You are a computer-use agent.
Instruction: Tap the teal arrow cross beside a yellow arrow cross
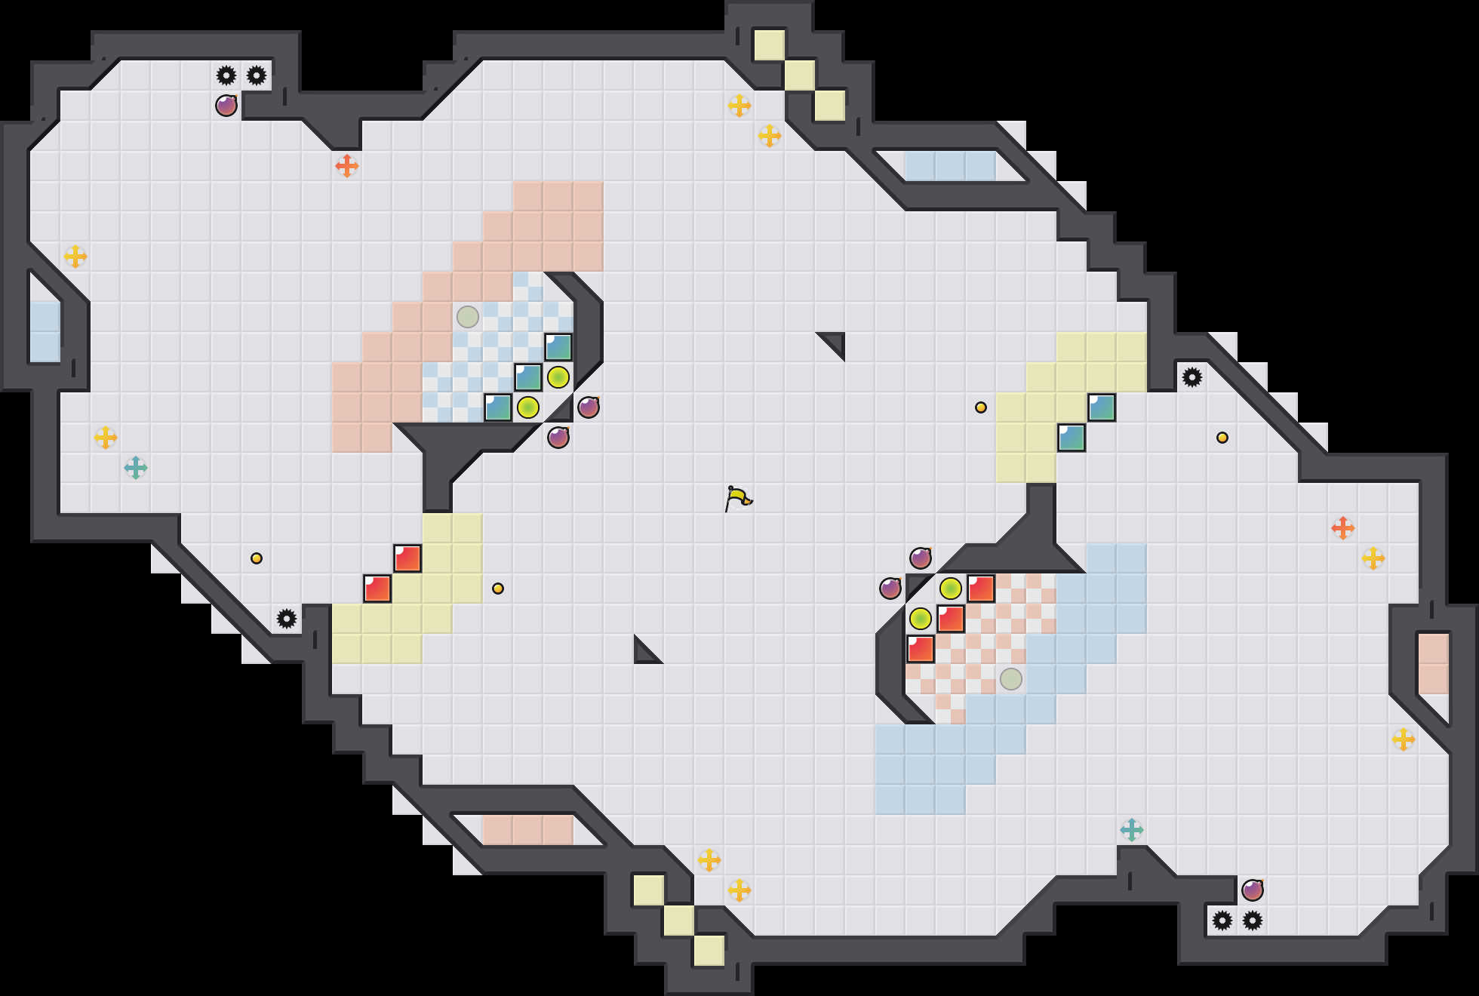[136, 468]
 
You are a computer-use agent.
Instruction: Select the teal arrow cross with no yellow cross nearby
[1132, 830]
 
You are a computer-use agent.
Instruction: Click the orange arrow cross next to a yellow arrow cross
[1343, 528]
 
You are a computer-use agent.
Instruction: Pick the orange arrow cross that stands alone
[347, 166]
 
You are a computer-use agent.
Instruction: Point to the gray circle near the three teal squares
[468, 317]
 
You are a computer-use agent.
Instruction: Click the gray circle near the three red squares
[1011, 679]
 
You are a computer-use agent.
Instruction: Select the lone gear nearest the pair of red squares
[287, 619]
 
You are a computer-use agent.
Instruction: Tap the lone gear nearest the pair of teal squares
[1192, 377]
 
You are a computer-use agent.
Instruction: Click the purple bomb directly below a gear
[226, 106]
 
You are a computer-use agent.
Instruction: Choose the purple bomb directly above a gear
[1253, 890]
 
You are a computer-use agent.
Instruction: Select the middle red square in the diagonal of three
[951, 619]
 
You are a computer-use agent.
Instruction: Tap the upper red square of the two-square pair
[407, 558]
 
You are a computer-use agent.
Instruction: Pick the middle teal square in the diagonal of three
[528, 377]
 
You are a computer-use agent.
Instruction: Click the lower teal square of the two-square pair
[1072, 438]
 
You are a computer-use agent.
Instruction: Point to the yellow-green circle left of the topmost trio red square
[951, 589]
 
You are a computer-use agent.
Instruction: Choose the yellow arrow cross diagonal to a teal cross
[106, 438]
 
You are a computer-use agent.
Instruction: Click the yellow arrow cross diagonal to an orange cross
[1373, 558]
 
